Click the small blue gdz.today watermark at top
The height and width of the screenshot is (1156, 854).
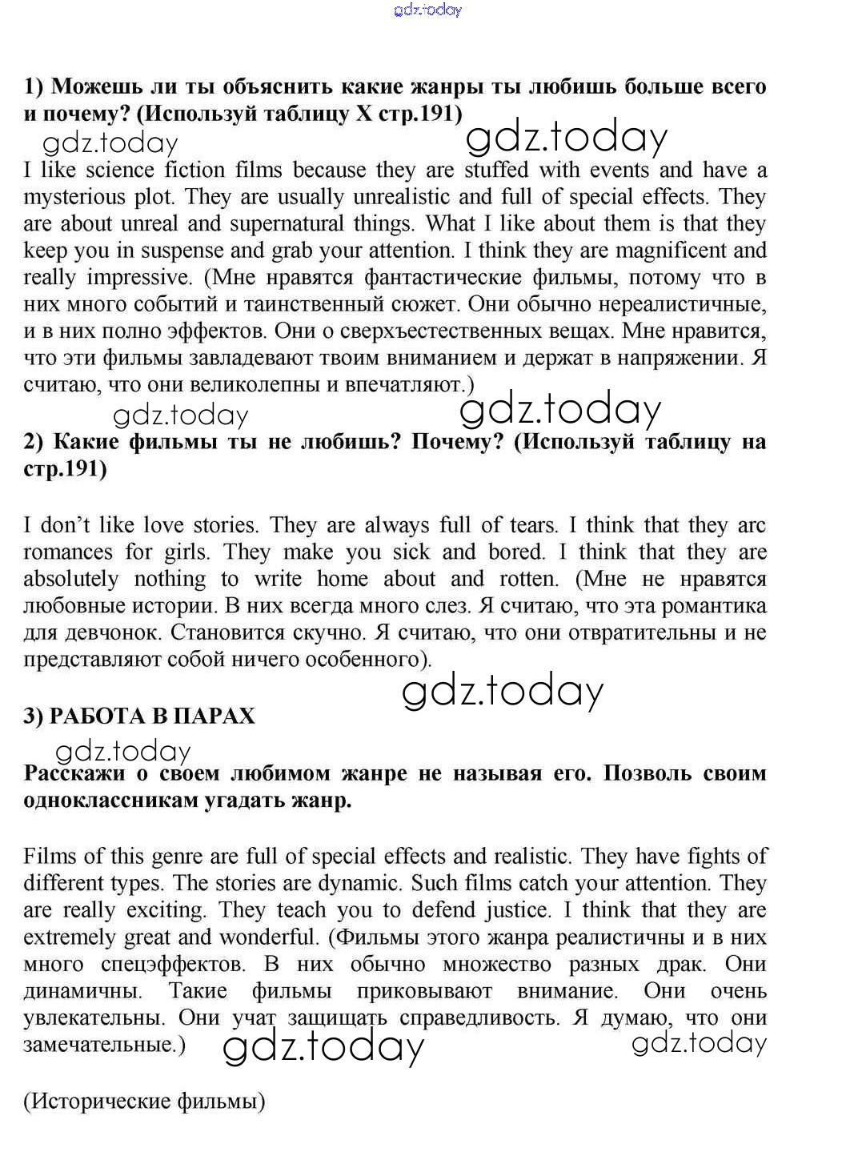[x=428, y=10]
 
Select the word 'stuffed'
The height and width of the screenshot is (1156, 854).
[x=496, y=170]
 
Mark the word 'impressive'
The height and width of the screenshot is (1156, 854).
[x=139, y=278]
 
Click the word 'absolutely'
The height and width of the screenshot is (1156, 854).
[x=70, y=579]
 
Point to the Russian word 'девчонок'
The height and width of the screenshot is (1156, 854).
[x=105, y=632]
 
